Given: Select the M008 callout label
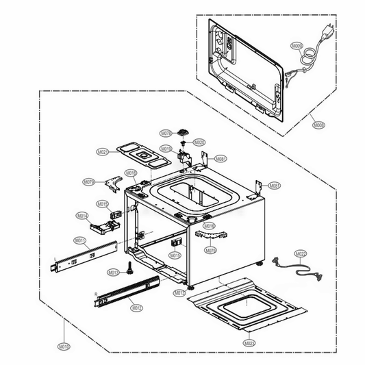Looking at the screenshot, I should coord(320,125).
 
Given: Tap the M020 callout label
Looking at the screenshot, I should coord(199,142).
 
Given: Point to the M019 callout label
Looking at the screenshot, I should coord(166,149).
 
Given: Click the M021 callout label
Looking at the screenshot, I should coord(103,151).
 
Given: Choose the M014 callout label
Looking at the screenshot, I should coord(82,215).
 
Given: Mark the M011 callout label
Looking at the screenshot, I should coord(80,240).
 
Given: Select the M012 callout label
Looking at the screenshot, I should coord(137,308).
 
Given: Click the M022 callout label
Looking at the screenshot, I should coord(301,254).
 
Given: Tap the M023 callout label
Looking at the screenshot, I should coord(249,342).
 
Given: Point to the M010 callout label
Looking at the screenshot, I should coord(63,347).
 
